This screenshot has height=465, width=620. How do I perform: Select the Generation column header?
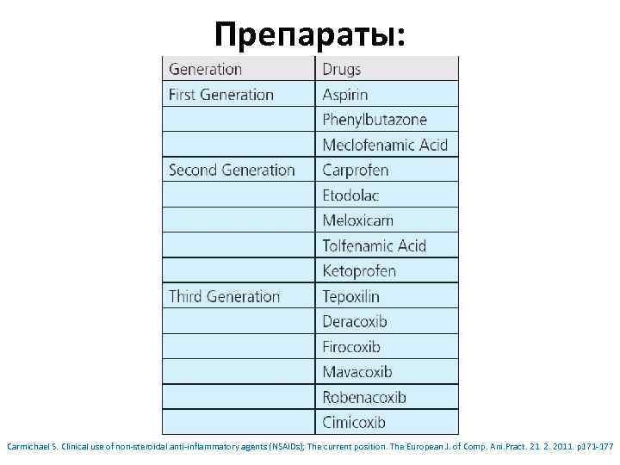205,70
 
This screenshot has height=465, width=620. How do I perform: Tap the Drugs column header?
342,70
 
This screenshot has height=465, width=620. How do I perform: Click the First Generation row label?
221,95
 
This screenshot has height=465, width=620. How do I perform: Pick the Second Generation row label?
232,170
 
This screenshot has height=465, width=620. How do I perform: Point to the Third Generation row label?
225,296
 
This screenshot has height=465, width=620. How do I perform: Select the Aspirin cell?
345,95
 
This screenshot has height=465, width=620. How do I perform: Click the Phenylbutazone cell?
375,120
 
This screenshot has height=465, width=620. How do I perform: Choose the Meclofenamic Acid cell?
385,145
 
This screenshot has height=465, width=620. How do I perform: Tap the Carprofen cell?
356,170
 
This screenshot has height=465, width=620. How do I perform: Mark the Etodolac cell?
350,195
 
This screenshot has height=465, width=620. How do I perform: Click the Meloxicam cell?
357,220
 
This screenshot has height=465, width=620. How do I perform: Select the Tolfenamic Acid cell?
374,245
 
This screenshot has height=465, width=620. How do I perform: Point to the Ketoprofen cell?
359,271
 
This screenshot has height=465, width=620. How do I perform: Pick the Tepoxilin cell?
350,296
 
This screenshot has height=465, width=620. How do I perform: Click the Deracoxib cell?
355,321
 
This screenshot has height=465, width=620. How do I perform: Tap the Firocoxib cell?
351,347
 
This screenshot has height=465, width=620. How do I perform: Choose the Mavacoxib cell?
357,372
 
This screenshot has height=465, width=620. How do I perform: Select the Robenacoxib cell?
364,397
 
